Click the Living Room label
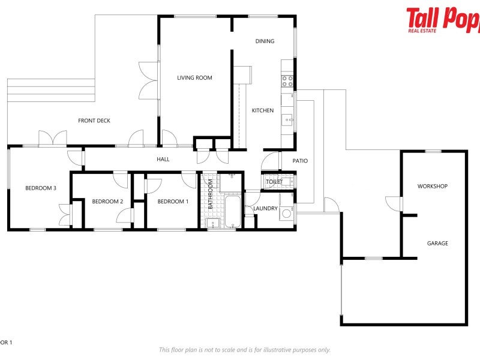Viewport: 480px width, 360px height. pos(194,77)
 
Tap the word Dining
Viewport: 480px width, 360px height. pos(265,41)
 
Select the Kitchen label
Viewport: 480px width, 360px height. pos(262,110)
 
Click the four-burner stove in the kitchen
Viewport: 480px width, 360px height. pos(287,81)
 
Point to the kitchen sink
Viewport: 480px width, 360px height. pos(288,119)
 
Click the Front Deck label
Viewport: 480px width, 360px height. pos(94,121)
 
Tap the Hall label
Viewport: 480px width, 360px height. pos(163,160)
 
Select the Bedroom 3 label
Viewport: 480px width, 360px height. pos(41,188)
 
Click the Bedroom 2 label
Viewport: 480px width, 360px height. pos(107,202)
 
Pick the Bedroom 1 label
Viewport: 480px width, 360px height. pos(173,202)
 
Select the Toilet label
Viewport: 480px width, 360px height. pos(274,181)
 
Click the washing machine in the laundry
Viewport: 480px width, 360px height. pos(287,213)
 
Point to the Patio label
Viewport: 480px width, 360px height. pos(300,161)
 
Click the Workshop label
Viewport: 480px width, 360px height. pos(433,187)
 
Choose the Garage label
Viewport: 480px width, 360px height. pos(437,244)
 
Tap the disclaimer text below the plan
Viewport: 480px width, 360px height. pos(244,350)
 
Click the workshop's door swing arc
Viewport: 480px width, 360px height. pos(391,203)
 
